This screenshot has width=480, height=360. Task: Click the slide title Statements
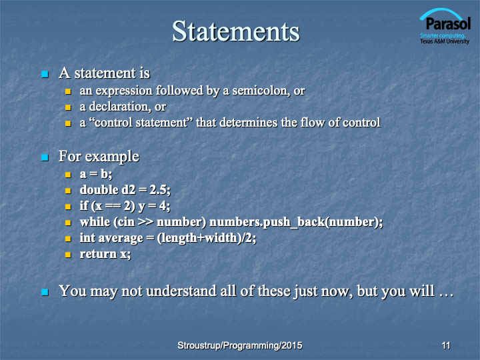pos(236,31)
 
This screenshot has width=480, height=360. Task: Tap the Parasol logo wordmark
pos(448,24)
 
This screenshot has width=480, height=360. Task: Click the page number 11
pos(446,345)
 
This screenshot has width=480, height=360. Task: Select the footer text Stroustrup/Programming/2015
pos(240,345)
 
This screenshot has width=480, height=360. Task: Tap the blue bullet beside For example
pos(45,157)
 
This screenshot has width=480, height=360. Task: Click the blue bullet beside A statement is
pos(45,74)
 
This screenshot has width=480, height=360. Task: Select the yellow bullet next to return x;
pos(68,255)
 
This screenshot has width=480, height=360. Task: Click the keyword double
pos(99,190)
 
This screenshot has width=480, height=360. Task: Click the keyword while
pos(95,222)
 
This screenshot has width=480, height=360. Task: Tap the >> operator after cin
pos(146,222)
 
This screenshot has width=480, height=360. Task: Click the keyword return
pos(98,254)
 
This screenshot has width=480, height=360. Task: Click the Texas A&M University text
pos(445,41)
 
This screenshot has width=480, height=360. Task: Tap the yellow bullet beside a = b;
pos(68,175)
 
